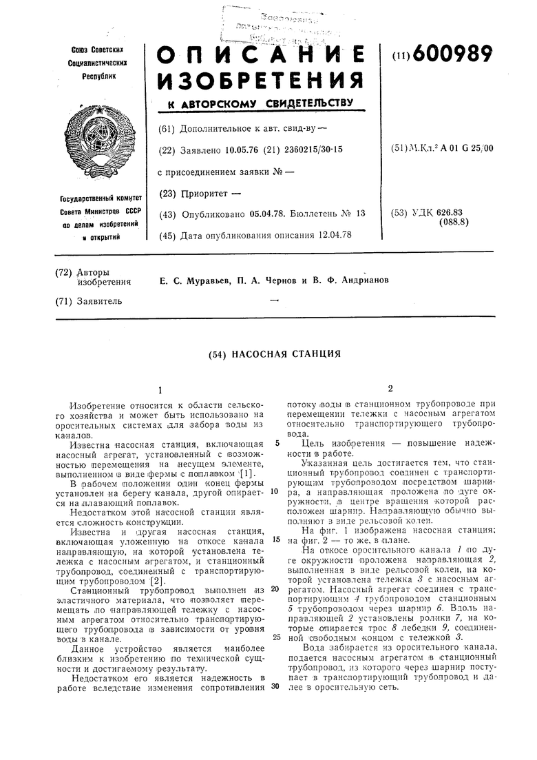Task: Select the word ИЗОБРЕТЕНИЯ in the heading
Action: point(260,81)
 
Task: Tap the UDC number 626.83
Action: point(450,212)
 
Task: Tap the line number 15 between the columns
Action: point(274,540)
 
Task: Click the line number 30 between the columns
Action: point(274,689)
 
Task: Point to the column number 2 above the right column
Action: point(390,389)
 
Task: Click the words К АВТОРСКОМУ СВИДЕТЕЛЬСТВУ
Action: point(255,104)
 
